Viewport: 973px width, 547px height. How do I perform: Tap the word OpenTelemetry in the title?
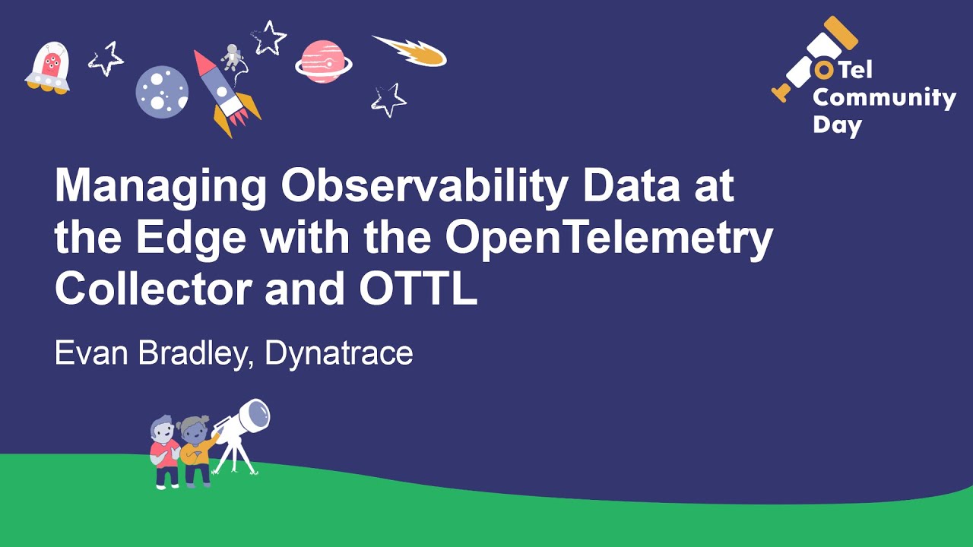609,239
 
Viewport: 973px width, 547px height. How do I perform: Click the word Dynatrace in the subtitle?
338,353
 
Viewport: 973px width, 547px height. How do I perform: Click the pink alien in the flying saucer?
50,65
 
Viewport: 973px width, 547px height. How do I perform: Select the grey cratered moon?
162,92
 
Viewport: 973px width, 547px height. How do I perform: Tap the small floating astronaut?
231,57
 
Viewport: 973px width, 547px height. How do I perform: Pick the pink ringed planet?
323,62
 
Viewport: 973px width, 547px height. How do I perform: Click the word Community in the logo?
884,98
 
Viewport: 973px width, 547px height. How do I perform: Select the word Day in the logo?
838,125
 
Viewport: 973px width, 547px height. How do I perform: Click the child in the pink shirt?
164,452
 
